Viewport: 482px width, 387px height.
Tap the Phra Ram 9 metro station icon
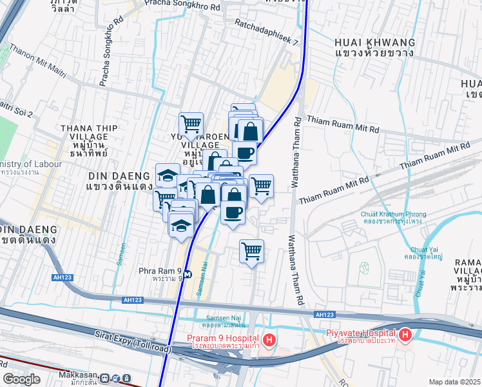pos(188,273)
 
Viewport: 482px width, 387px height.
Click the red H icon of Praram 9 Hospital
pos(270,339)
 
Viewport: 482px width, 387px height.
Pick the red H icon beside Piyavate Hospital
pos(405,334)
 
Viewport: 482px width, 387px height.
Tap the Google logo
pos(21,379)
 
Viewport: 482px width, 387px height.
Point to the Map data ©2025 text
pos(455,382)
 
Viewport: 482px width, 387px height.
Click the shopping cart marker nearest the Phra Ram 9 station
pos(251,250)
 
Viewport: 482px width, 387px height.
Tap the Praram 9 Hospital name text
pos(223,339)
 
